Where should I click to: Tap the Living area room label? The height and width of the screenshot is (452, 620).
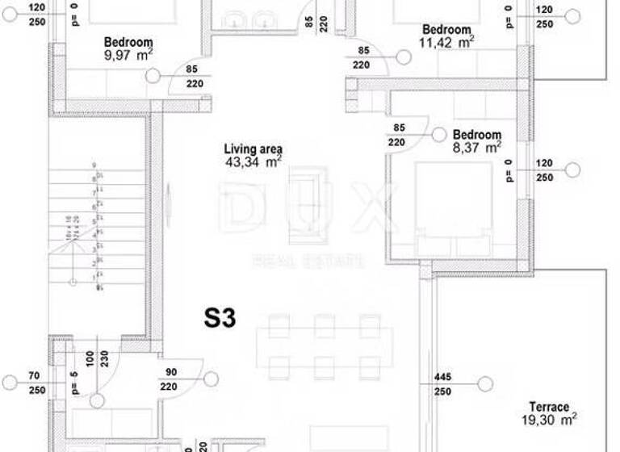point(253,149)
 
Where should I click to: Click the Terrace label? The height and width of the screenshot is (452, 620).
point(549,407)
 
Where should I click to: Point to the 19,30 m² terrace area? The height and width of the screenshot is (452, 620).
point(549,420)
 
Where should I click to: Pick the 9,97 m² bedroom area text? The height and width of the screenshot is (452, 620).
point(128,56)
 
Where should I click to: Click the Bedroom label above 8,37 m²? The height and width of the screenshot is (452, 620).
point(476,135)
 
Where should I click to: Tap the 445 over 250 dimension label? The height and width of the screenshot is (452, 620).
point(442,383)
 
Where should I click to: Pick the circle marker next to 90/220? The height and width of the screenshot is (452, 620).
point(211,378)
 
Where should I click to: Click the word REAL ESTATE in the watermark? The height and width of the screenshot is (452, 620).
point(308,261)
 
